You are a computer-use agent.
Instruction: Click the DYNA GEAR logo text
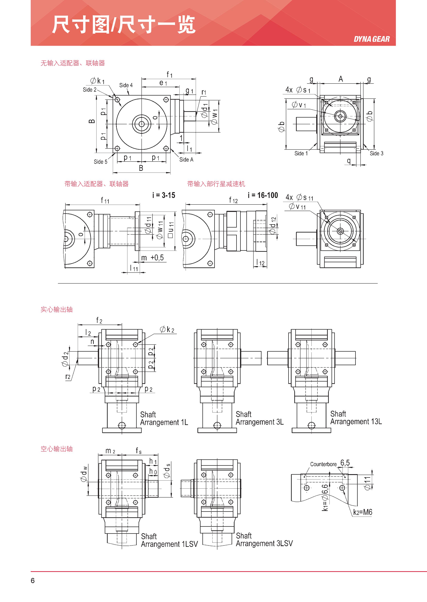pyautogui.click(x=372, y=39)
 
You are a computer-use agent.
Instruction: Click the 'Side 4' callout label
pyautogui.click(x=126, y=85)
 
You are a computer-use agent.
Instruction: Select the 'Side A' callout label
pyautogui.click(x=186, y=160)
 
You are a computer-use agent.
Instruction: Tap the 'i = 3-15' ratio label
pyautogui.click(x=164, y=195)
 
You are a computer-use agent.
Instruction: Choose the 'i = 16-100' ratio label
pyautogui.click(x=263, y=195)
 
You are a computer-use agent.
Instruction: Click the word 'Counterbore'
pyautogui.click(x=323, y=464)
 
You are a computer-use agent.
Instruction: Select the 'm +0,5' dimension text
pyautogui.click(x=152, y=258)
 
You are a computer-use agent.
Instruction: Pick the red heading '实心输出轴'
pyautogui.click(x=56, y=309)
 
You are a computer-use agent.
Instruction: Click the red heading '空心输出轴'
pyautogui.click(x=56, y=449)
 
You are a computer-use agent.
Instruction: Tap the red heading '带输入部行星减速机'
pyautogui.click(x=216, y=184)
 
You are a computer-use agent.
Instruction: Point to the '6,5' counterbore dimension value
pyautogui.click(x=345, y=463)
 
